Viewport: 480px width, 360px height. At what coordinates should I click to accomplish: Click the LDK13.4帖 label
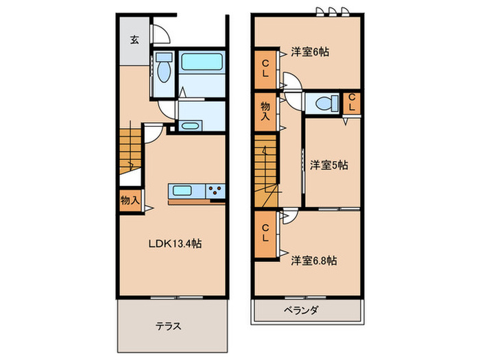click(176, 243)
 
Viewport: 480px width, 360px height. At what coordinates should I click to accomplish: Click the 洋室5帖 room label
click(328, 165)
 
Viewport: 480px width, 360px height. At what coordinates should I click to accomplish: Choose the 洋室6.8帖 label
click(313, 260)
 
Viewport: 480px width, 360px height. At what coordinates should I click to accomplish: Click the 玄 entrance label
click(134, 39)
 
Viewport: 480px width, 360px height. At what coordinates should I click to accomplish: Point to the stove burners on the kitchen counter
click(215, 191)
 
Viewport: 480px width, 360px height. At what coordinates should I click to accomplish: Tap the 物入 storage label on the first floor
click(130, 201)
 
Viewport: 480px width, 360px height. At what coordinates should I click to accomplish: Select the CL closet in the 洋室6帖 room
click(265, 69)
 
